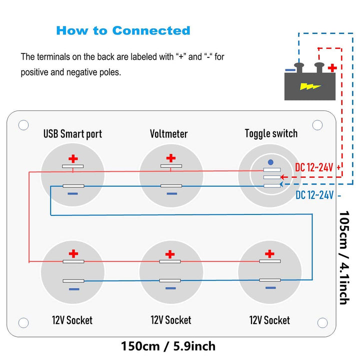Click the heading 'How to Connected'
tap(123, 30)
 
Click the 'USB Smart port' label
tap(72, 133)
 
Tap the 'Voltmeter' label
tap(168, 133)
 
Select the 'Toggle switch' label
tap(271, 133)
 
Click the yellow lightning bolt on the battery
tap(310, 86)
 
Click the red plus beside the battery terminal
tap(332, 67)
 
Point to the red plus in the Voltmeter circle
tap(171, 158)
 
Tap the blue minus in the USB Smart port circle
tap(73, 193)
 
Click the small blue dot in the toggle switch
tap(270, 162)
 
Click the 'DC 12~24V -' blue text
tap(317, 195)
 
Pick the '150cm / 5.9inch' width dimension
tap(168, 345)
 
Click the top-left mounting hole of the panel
tap(23, 125)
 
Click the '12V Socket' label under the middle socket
tap(170, 319)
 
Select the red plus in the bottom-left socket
tap(73, 253)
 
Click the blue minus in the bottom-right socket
tap(270, 288)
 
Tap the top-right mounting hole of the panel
tap(317, 125)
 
